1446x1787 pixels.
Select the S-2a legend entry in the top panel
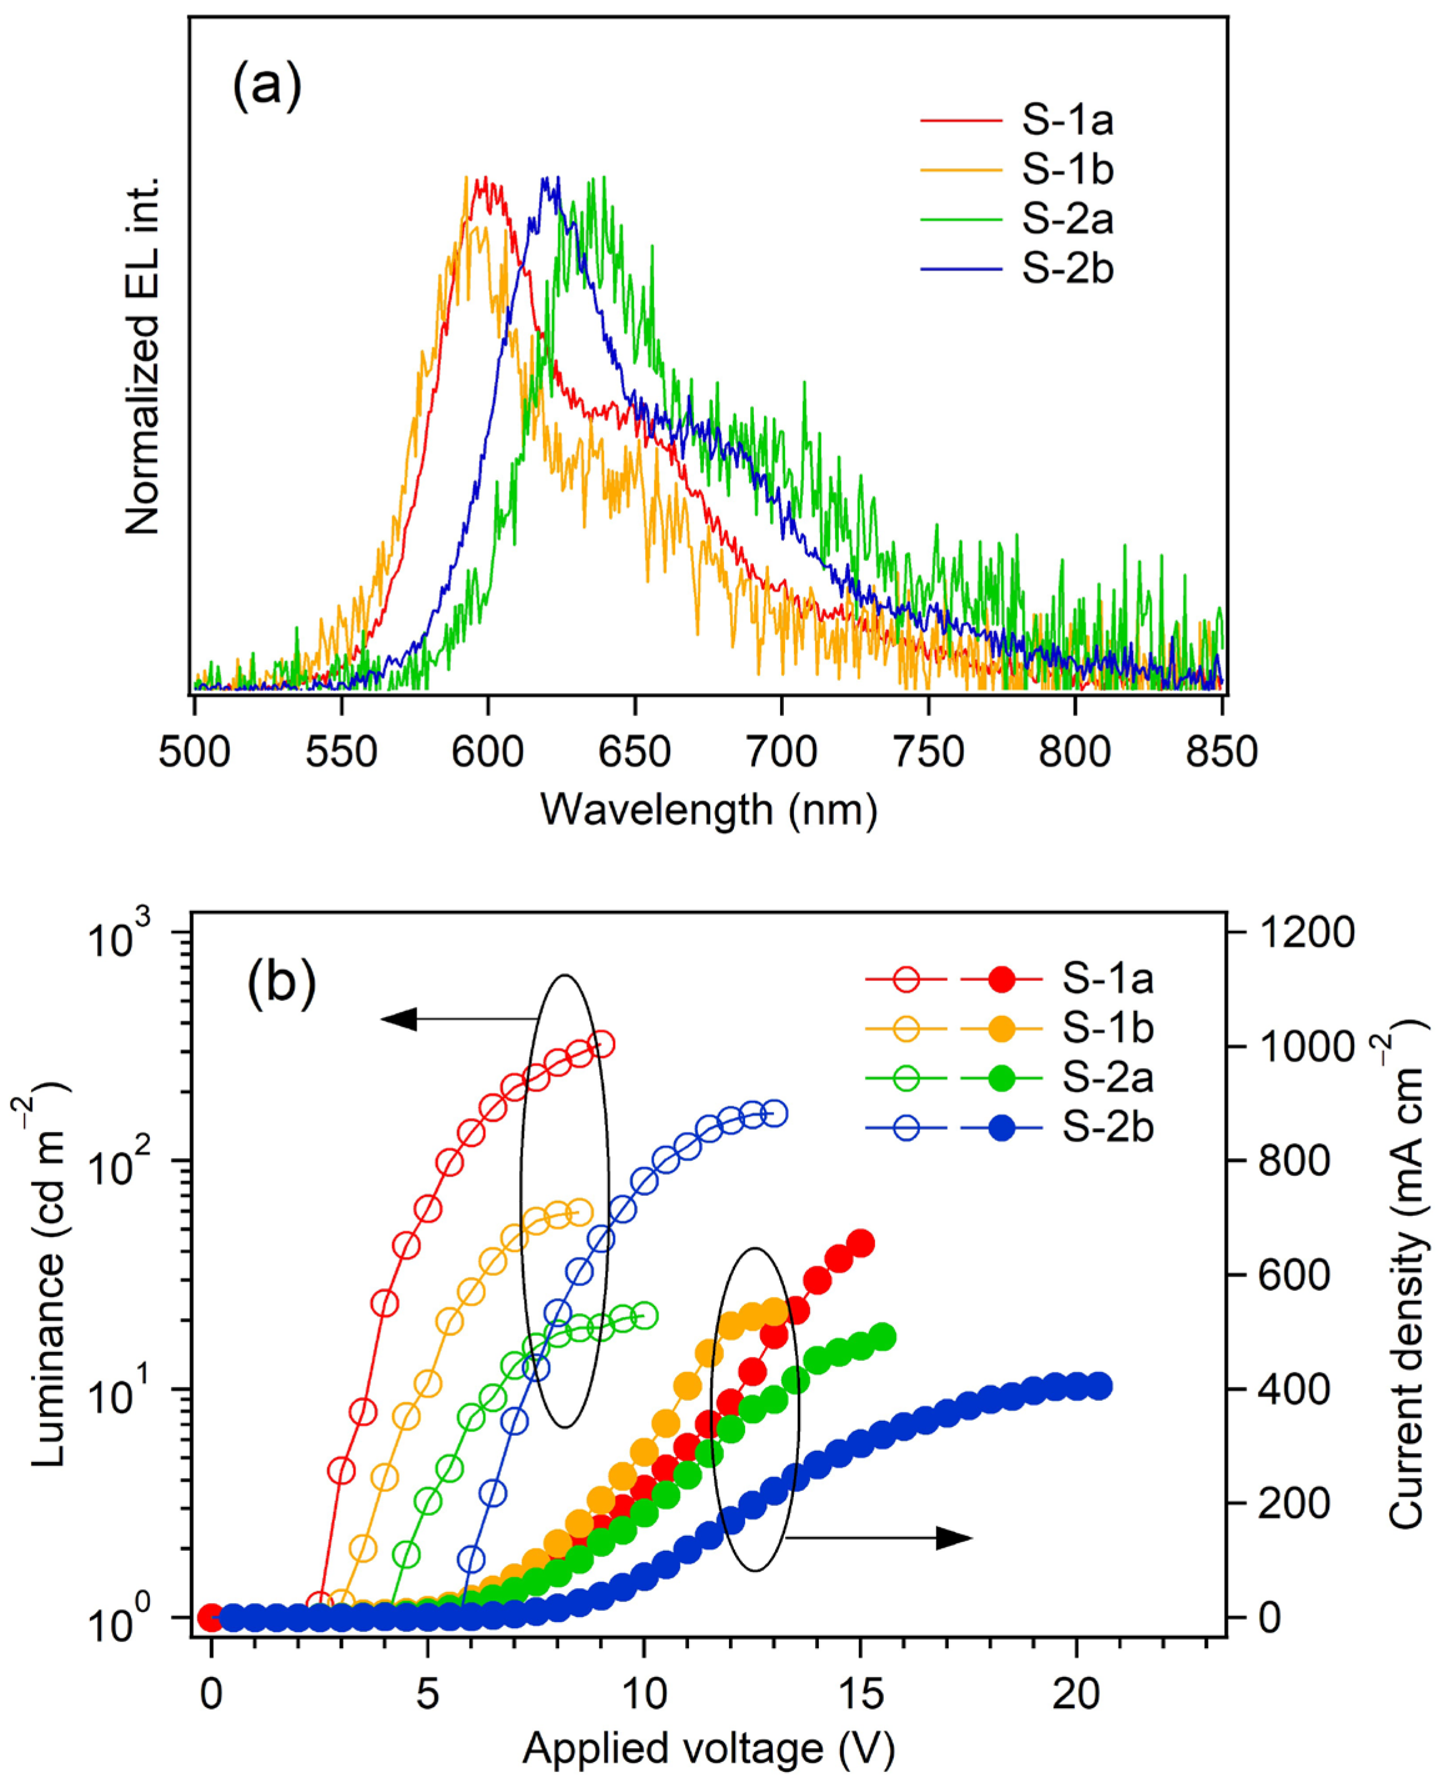tap(1067, 220)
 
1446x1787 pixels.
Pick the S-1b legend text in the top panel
tap(1067, 170)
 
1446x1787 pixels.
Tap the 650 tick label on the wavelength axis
tap(635, 752)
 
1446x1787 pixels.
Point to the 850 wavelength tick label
tap(1222, 752)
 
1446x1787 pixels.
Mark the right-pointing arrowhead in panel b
tap(954, 1538)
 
